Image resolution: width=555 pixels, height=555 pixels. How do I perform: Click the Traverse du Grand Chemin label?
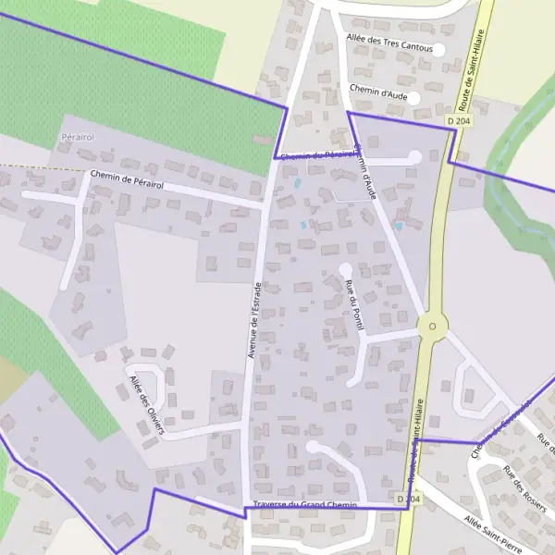point(304,505)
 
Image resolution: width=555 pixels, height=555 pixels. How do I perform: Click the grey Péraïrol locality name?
point(78,137)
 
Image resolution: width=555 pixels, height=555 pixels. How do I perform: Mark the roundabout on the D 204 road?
point(432,325)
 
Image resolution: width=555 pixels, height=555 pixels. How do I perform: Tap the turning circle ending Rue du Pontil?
point(345,269)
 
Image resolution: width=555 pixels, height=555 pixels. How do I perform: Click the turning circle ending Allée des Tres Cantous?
point(438,49)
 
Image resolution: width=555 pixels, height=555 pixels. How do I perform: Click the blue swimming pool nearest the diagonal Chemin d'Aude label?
point(399,226)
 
